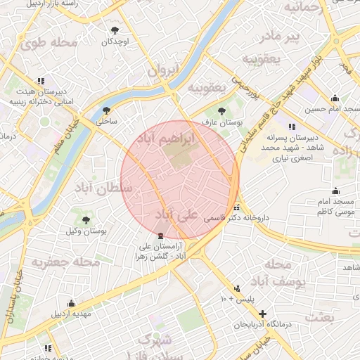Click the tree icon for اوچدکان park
click(115, 30)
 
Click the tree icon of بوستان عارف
click(222, 111)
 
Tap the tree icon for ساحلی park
click(106, 110)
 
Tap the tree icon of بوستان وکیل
click(86, 220)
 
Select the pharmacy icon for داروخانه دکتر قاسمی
click(237, 208)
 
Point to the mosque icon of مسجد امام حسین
click(335, 98)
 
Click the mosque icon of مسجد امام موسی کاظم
click(335, 191)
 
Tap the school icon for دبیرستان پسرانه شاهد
click(291, 127)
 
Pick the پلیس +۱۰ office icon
click(237, 288)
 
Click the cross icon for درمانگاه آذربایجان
click(262, 313)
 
